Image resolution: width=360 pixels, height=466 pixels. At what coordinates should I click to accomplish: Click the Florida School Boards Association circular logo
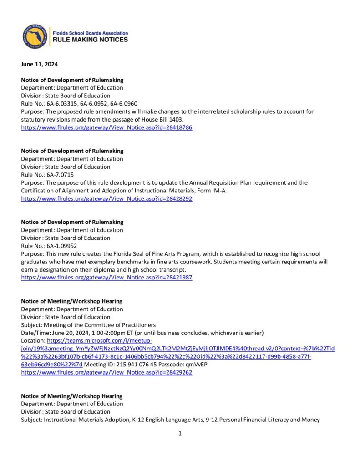[x=36, y=36]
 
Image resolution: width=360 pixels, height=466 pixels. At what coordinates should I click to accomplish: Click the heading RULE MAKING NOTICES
[x=91, y=40]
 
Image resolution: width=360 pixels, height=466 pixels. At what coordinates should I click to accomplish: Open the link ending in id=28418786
[x=106, y=128]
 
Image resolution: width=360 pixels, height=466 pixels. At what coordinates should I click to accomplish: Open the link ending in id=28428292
[x=106, y=199]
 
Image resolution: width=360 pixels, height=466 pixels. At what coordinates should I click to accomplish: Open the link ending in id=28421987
[x=106, y=278]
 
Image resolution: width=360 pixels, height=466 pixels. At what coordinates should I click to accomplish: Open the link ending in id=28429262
[x=106, y=372]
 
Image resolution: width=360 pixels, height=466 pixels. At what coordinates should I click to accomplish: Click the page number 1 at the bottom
[x=180, y=433]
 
